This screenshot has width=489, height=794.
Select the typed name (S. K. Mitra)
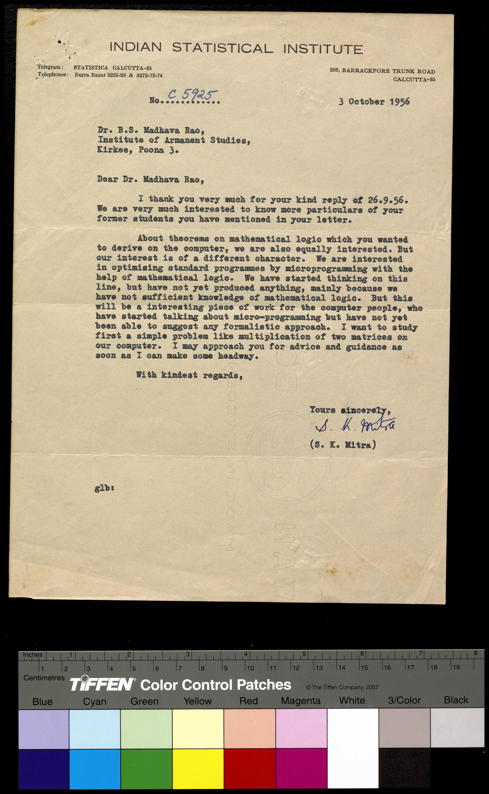(x=343, y=445)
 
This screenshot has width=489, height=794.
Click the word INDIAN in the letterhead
(x=135, y=48)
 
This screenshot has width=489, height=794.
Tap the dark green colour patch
(x=146, y=769)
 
